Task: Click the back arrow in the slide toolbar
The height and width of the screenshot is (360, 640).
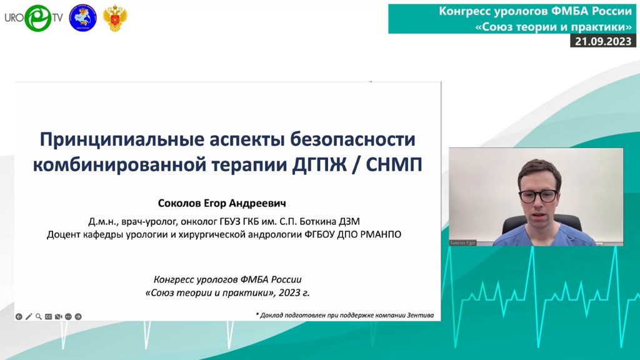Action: point(19,316)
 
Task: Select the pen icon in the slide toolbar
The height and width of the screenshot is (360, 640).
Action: point(29,316)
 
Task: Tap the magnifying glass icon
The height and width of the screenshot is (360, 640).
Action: point(38,316)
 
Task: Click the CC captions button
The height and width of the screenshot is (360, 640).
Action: point(48,316)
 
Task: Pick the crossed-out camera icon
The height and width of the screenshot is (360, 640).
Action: point(58,316)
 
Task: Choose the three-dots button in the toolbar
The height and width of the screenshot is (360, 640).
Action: point(68,316)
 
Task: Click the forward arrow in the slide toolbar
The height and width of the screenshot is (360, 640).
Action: point(78,316)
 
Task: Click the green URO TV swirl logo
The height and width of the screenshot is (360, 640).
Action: point(38,18)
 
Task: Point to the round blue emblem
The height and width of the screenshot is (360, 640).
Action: point(83,18)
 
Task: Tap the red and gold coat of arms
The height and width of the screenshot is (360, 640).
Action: point(115,18)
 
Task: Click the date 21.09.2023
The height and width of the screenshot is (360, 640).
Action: point(603,41)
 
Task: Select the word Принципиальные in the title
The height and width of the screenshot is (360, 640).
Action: point(122,140)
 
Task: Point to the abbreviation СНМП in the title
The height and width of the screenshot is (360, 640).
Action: point(394,165)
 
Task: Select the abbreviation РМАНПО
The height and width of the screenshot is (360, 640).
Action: point(381,235)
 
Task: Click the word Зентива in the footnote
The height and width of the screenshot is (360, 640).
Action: point(420,315)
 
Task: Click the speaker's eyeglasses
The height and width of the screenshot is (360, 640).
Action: point(538,196)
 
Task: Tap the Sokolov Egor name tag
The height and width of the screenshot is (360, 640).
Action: point(462,243)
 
